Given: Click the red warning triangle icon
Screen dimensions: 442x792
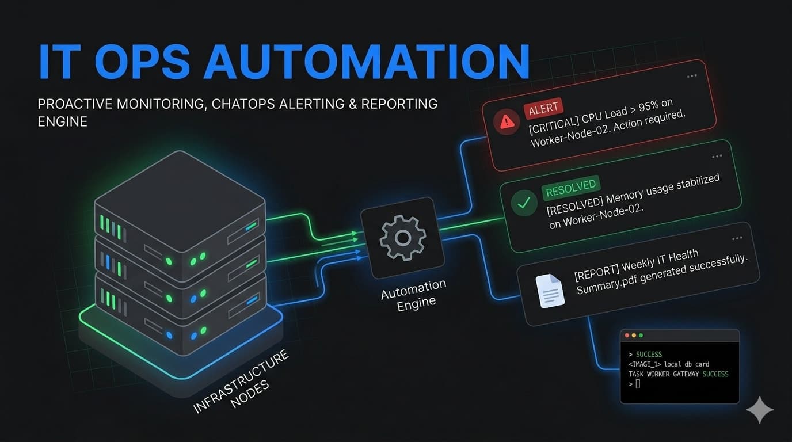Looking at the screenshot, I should (x=507, y=121).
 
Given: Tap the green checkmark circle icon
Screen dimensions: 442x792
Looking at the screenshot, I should (x=524, y=203).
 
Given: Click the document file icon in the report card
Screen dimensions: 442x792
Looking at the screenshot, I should (x=550, y=291).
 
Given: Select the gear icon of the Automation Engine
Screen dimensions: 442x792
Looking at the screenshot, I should (x=403, y=237).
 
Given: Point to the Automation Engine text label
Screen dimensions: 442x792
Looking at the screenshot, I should (x=414, y=294).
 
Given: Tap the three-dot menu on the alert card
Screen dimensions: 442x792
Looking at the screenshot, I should (x=692, y=76).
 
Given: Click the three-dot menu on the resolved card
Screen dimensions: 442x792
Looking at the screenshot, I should (x=717, y=157).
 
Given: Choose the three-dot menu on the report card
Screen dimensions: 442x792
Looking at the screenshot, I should (x=737, y=238).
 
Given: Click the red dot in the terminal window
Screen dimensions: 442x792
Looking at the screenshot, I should (x=626, y=335).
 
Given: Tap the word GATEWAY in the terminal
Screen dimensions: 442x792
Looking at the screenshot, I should (x=683, y=374).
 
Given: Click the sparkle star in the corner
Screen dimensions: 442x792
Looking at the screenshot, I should (x=759, y=410).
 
